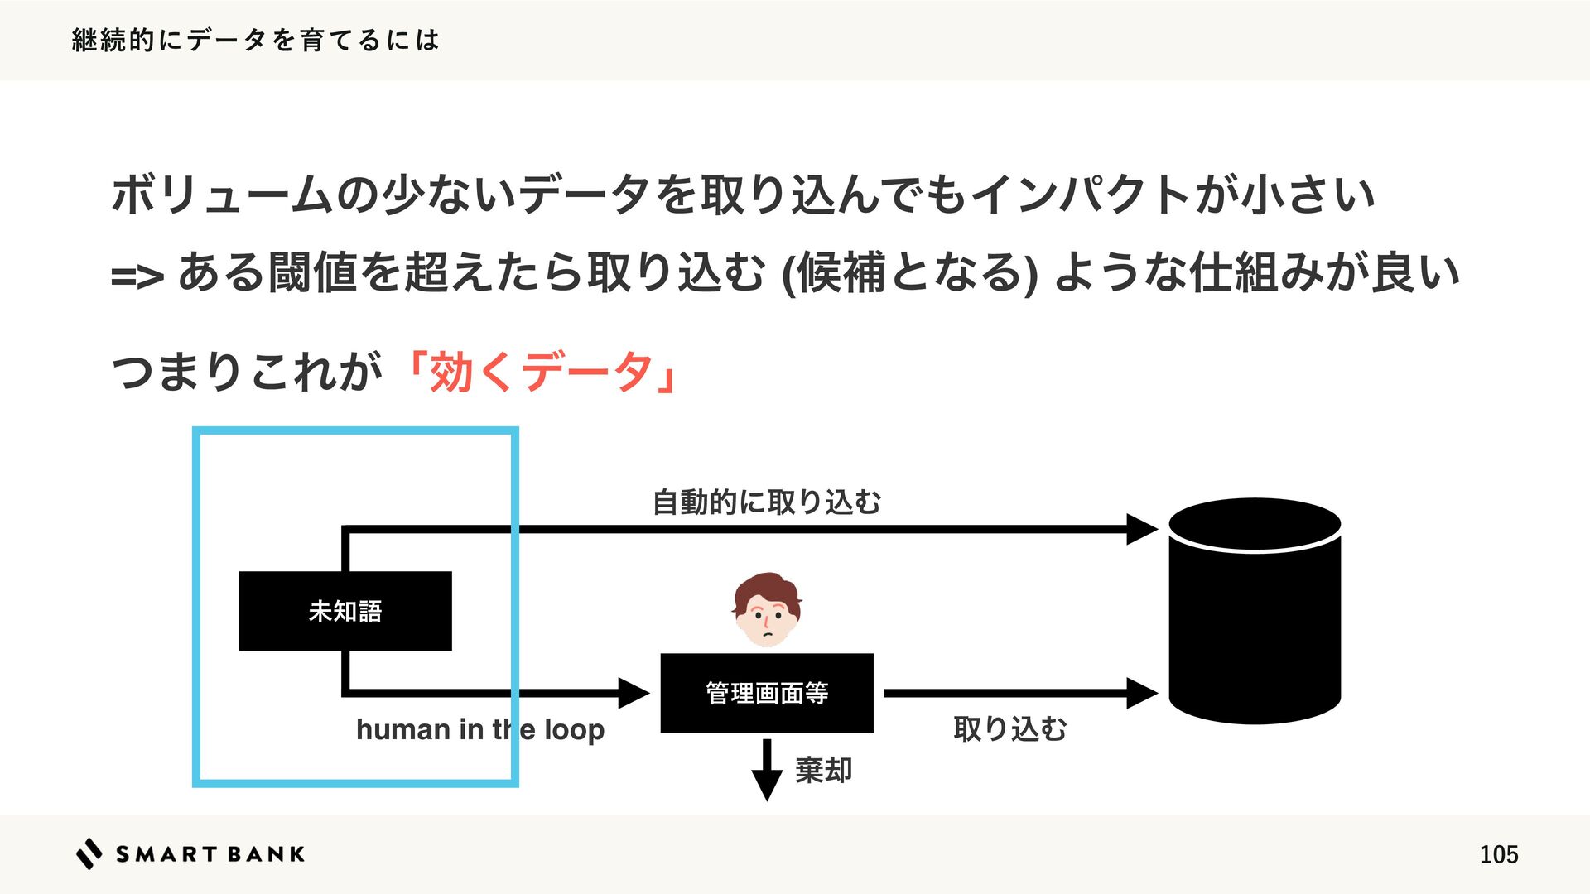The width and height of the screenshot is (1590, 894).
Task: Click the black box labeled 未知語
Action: coord(344,611)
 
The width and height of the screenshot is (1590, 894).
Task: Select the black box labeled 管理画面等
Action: coord(766,693)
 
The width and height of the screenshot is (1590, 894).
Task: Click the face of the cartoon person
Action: coord(767,613)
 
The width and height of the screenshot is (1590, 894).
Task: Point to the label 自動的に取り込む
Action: coord(766,502)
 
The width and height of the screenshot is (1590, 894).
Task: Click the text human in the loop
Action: coord(479,729)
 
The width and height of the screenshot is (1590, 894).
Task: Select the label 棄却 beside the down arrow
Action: coord(823,770)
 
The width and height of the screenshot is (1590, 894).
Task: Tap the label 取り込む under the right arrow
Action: coord(1009,729)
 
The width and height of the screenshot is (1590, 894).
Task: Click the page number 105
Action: coord(1498,854)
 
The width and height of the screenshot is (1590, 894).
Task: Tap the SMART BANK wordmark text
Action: coord(210,854)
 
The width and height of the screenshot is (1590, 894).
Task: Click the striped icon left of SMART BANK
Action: coord(89,853)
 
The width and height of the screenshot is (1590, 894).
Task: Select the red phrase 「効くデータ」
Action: coord(542,371)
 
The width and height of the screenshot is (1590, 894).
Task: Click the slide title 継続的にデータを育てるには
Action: coord(255,40)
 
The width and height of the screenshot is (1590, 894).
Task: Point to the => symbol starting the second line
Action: coord(137,276)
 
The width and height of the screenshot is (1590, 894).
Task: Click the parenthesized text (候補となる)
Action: coord(908,273)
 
